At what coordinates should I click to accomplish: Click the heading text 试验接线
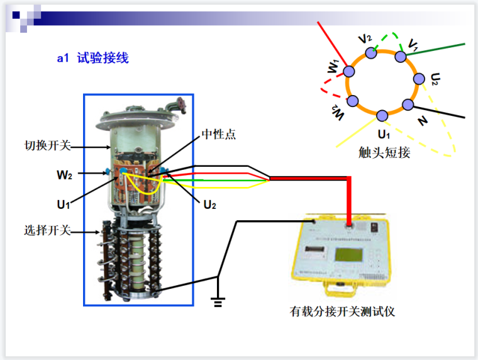click(x=103, y=59)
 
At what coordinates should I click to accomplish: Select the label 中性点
click(x=218, y=135)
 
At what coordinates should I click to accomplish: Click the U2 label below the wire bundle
click(x=209, y=204)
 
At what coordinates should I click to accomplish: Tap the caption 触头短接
click(x=384, y=152)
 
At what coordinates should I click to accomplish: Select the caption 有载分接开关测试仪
click(x=342, y=311)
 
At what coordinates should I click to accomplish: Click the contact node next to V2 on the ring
click(x=371, y=53)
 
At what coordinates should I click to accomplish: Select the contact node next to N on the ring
click(x=408, y=104)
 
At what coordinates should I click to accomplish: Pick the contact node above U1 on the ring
click(x=382, y=116)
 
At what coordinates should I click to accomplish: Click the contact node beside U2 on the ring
click(x=420, y=79)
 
